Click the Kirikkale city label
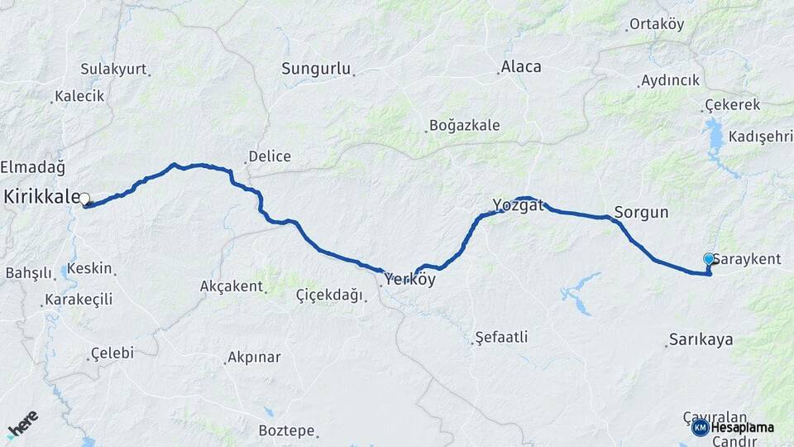click(41, 197)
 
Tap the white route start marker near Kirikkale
click(84, 199)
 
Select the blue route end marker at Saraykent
click(709, 259)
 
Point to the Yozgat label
click(518, 205)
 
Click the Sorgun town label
click(641, 212)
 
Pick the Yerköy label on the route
click(409, 280)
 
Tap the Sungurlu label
click(316, 69)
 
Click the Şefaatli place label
click(501, 338)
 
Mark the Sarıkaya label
click(701, 340)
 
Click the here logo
click(22, 424)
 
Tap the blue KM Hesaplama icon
click(700, 427)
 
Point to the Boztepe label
click(286, 430)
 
